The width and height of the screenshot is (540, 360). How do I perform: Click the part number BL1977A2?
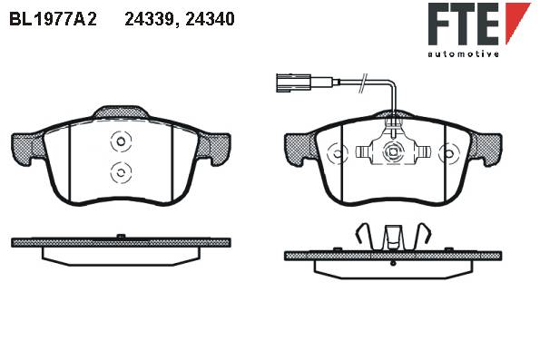tap(53, 19)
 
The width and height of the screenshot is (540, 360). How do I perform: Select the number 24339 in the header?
tap(150, 19)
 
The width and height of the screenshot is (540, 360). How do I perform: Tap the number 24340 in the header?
tap(210, 19)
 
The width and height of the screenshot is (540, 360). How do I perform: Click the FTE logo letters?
tap(464, 24)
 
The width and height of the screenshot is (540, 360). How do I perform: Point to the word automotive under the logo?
tap(463, 54)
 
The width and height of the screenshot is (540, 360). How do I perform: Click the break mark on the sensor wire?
tap(363, 83)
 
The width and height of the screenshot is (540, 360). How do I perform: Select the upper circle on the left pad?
tap(121, 141)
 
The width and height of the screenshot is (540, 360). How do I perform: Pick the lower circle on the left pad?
tap(121, 172)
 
